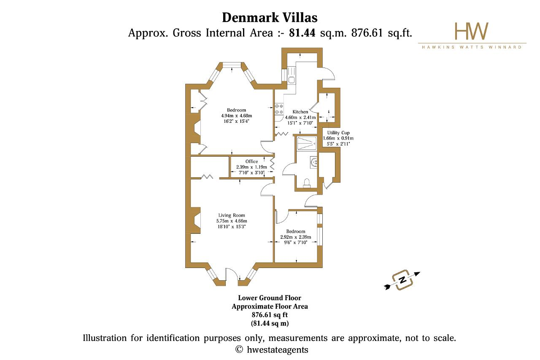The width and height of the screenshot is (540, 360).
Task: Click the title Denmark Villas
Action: coord(270,18)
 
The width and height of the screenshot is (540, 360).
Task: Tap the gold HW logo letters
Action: coord(472,31)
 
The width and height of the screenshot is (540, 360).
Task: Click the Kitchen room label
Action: coord(300,112)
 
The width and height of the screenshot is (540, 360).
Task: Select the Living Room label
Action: coord(232,215)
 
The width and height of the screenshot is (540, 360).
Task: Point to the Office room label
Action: coord(251,162)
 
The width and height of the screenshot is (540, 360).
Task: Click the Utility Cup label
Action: coord(338,133)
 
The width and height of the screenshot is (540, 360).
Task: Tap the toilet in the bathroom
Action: coord(307,182)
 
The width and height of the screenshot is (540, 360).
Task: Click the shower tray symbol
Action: coord(307,143)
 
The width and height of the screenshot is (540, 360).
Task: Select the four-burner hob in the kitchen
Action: coord(279,109)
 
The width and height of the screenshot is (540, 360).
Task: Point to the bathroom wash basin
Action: coord(313,162)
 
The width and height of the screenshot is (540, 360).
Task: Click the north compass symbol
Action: coord(402,280)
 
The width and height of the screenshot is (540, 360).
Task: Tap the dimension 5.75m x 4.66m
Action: coord(232,221)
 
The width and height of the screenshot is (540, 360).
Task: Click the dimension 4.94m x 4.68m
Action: coord(236,116)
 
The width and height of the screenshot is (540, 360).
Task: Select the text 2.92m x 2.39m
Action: coord(296,237)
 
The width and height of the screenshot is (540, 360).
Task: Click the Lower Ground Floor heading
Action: coord(270,298)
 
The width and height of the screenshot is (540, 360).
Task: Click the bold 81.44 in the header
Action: coord(302,32)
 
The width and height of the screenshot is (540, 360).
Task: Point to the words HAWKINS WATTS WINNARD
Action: coord(472,47)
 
